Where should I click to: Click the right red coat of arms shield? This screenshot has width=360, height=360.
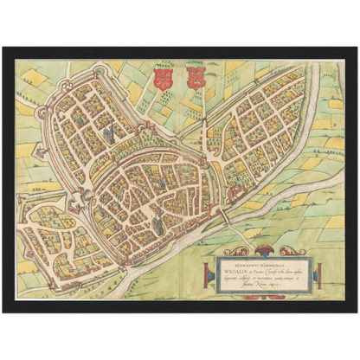click(x=194, y=79)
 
